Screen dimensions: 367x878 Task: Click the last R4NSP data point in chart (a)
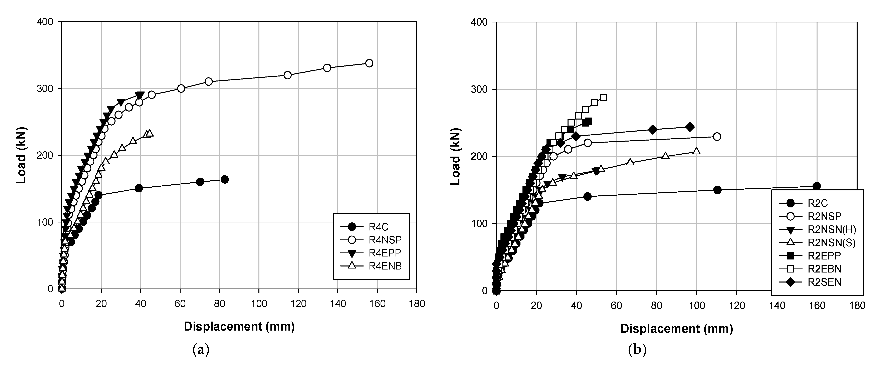(369, 63)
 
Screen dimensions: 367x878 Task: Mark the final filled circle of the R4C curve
(225, 180)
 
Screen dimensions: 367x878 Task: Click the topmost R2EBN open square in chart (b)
(603, 98)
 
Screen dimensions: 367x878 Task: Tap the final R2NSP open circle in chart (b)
(717, 137)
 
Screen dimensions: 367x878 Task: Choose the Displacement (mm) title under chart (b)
(677, 329)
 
